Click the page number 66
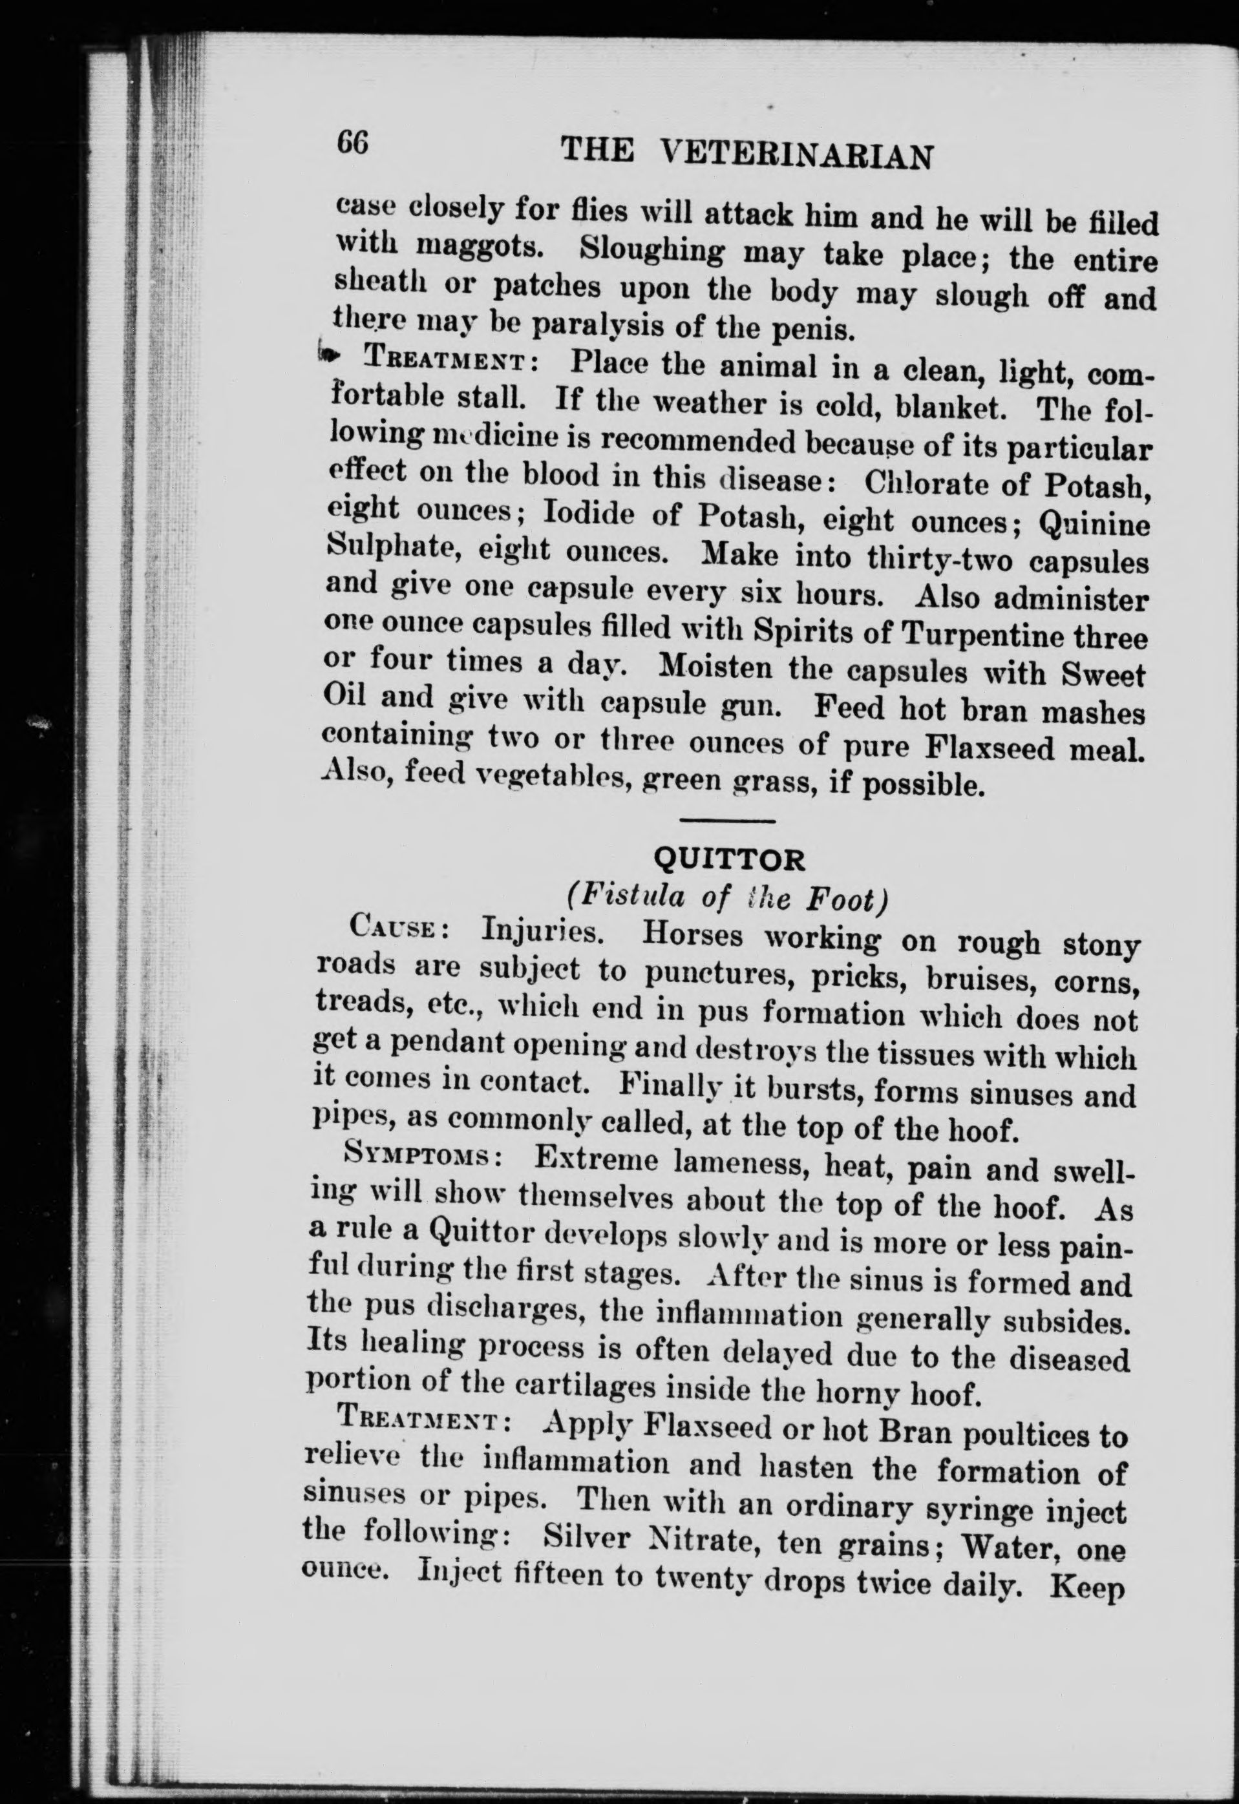tap(354, 143)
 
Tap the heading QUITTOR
tap(730, 859)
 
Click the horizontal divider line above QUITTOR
tap(727, 821)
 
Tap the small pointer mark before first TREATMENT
tap(329, 355)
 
